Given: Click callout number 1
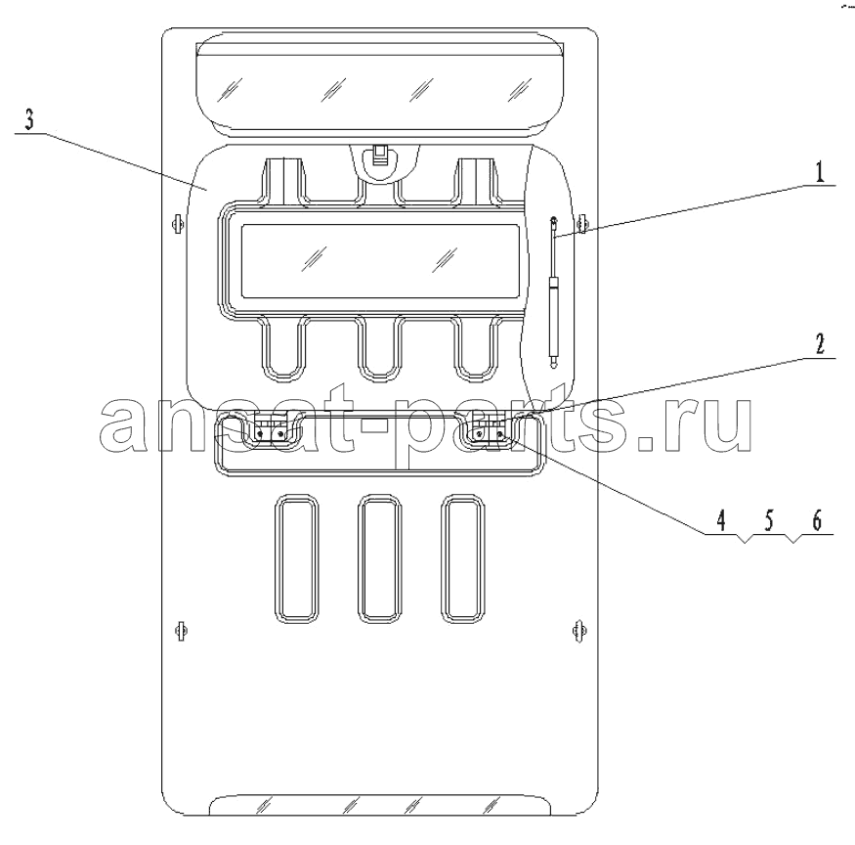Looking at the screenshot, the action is coord(820,172).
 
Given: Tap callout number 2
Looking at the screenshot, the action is coord(820,344).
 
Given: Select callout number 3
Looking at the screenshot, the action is coord(29,119).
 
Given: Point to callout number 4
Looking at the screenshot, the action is coord(721,520).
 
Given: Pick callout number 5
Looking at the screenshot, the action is coord(769,520).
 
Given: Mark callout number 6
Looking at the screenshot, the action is coord(817,520).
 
